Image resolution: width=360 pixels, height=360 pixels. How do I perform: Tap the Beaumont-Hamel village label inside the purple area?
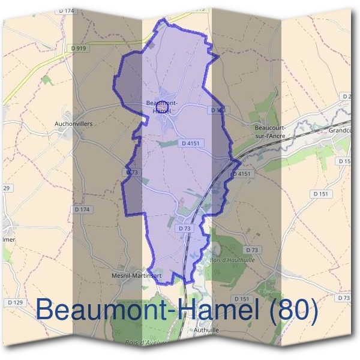tap(161, 106)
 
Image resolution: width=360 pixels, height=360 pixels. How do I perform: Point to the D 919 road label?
tap(78, 47)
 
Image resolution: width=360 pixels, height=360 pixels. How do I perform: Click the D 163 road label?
tap(218, 110)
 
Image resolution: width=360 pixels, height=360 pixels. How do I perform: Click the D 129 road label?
tap(14, 302)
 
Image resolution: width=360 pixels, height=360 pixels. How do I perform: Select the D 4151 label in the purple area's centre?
tap(189, 143)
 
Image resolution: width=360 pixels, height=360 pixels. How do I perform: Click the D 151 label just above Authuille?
tap(241, 298)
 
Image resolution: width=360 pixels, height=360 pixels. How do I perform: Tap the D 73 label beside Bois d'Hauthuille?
tap(252, 250)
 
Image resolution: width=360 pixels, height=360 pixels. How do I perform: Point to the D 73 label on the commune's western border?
tap(133, 172)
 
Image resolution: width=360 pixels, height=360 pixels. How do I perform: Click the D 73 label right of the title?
tap(344, 298)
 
